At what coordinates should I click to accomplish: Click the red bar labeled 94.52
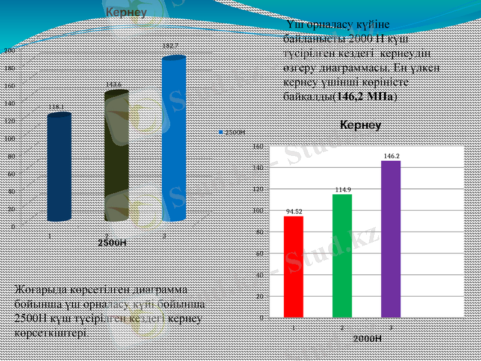(x=293, y=266)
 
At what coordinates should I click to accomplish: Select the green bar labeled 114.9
(x=342, y=255)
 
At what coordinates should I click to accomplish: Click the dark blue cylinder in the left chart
(x=59, y=167)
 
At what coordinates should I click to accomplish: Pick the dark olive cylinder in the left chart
(x=117, y=156)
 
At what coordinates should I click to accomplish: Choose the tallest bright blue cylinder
(x=173, y=138)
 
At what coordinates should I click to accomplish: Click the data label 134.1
(x=57, y=106)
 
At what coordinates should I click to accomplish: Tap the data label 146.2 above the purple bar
(x=391, y=156)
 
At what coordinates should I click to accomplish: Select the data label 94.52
(x=294, y=211)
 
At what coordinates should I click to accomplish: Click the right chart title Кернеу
(x=361, y=126)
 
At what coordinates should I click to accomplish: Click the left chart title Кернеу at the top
(x=126, y=13)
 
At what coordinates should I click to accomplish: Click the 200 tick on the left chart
(x=10, y=51)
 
